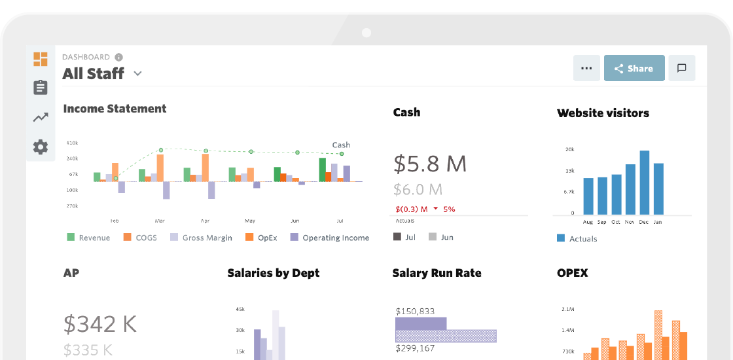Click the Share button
click(x=634, y=68)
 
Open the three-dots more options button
click(x=586, y=68)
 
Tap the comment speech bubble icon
click(x=681, y=68)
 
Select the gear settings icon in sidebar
click(x=41, y=147)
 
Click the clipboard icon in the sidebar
click(x=41, y=88)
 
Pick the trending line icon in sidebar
click(x=41, y=118)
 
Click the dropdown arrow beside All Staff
click(x=137, y=74)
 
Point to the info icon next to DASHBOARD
click(x=118, y=57)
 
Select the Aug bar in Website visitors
click(x=588, y=196)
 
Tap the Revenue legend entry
click(x=88, y=238)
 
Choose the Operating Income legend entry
click(x=330, y=238)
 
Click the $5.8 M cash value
click(x=430, y=163)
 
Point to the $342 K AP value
click(x=99, y=323)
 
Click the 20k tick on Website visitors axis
click(x=569, y=149)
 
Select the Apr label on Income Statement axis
click(x=205, y=221)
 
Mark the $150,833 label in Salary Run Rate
click(x=415, y=311)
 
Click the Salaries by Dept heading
click(x=274, y=273)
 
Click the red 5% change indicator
click(x=448, y=209)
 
